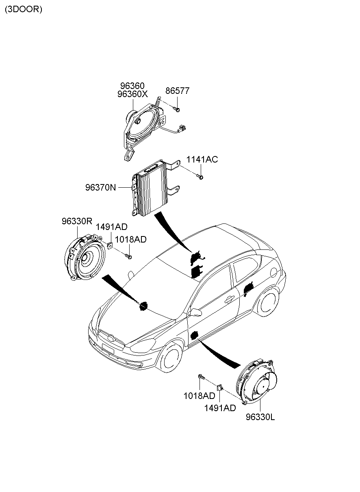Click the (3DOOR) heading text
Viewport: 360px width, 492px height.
(24, 9)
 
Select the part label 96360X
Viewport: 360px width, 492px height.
(132, 94)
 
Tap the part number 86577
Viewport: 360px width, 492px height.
(177, 91)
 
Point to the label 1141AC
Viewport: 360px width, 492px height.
(202, 159)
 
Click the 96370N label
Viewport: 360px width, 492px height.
(101, 187)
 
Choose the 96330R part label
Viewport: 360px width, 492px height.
(77, 221)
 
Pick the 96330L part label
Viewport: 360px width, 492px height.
(260, 417)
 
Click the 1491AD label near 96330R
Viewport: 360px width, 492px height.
(112, 227)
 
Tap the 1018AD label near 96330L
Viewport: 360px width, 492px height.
(199, 396)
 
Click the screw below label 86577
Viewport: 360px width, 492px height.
(176, 109)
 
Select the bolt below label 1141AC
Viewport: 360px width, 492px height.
(200, 176)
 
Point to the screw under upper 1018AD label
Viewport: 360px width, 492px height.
(128, 256)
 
